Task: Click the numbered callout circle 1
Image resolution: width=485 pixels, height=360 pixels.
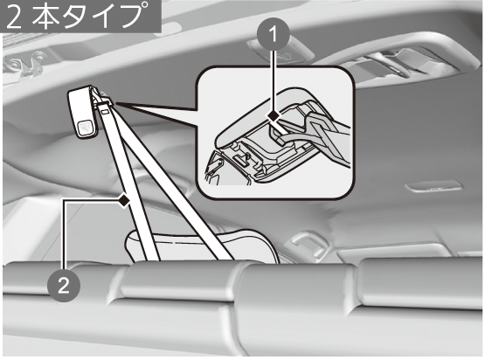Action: click(274, 35)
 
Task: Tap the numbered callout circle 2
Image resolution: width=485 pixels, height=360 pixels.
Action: click(64, 286)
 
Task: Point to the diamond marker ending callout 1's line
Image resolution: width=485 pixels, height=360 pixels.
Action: click(274, 116)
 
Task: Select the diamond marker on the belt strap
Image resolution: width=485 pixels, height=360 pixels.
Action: click(124, 201)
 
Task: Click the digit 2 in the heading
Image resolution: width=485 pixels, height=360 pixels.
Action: click(15, 17)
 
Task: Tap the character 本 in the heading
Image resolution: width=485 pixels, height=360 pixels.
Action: click(45, 17)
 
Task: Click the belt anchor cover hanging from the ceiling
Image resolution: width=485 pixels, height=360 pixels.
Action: click(83, 112)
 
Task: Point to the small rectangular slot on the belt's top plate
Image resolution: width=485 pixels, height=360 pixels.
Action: click(105, 110)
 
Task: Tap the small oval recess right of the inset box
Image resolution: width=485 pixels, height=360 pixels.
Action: click(433, 186)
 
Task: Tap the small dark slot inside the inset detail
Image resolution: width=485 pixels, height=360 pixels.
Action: click(241, 159)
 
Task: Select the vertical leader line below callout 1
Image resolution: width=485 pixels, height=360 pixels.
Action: click(274, 81)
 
